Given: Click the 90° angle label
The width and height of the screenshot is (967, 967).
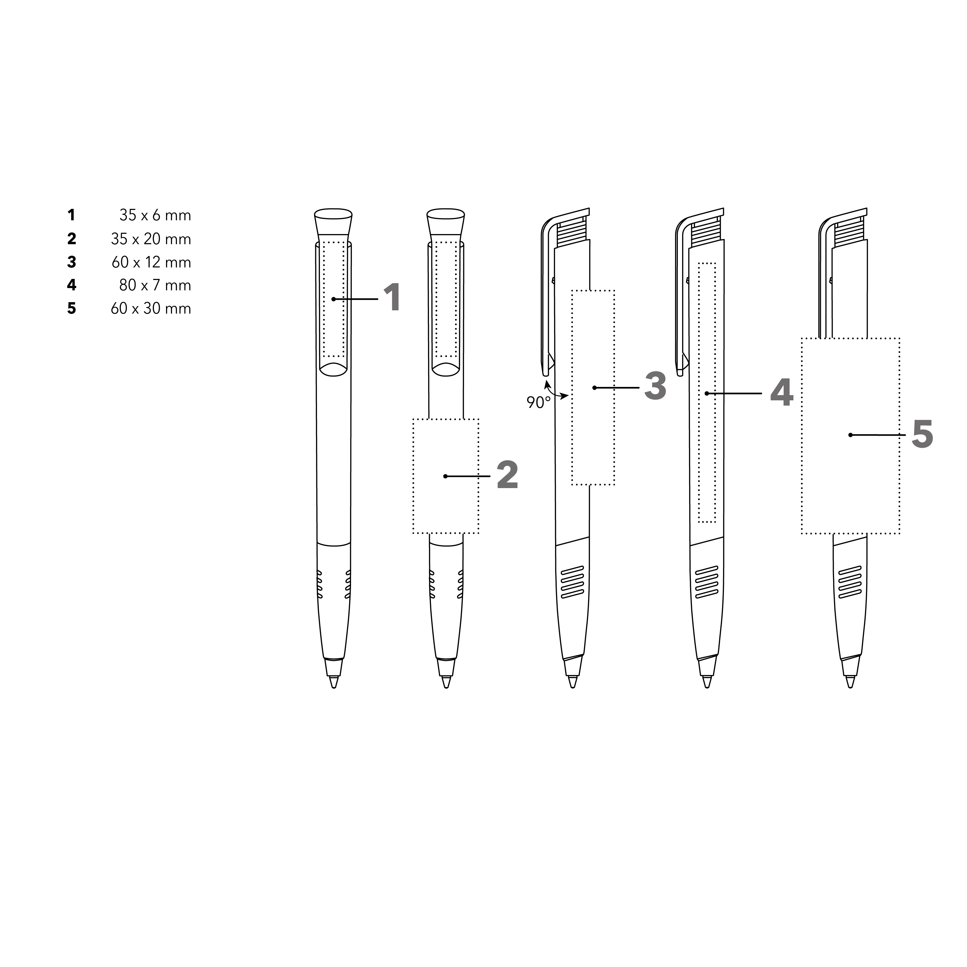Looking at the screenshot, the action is (x=538, y=402).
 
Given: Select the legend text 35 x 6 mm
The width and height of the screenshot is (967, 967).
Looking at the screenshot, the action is (x=155, y=215).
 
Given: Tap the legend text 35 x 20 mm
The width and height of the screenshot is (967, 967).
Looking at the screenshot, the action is (x=151, y=239).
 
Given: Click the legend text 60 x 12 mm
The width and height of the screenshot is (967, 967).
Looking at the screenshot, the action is (x=151, y=262).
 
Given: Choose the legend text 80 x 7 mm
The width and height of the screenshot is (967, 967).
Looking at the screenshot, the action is (x=155, y=285).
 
